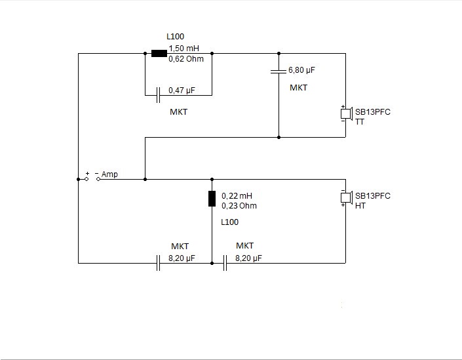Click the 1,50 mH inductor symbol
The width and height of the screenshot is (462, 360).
[159, 53]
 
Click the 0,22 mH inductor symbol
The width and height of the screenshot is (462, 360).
[212, 198]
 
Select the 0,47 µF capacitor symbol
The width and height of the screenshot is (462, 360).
[158, 96]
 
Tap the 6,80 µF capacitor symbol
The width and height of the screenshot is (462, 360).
[279, 70]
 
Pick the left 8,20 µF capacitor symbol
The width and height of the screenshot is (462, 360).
[158, 263]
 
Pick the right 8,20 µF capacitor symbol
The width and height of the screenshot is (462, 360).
[224, 263]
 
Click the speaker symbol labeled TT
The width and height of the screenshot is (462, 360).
[345, 114]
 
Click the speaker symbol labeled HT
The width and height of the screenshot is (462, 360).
[345, 197]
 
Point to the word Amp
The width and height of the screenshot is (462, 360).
[109, 174]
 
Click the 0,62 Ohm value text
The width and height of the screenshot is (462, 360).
[186, 59]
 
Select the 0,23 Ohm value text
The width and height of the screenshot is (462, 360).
[239, 206]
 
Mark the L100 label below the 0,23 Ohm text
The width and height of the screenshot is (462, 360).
[230, 222]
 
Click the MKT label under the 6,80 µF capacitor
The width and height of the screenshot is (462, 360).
[298, 87]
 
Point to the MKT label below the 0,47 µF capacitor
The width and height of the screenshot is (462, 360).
[178, 112]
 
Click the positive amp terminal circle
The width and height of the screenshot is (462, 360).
[86, 178]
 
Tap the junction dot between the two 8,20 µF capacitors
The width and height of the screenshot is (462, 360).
[212, 263]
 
